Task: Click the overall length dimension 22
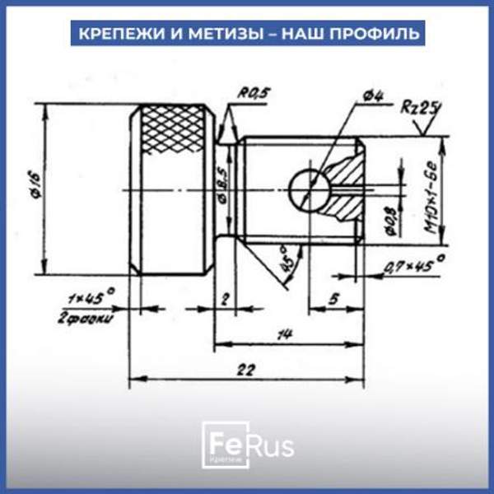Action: [x=245, y=370]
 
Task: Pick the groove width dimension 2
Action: [x=225, y=299]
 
